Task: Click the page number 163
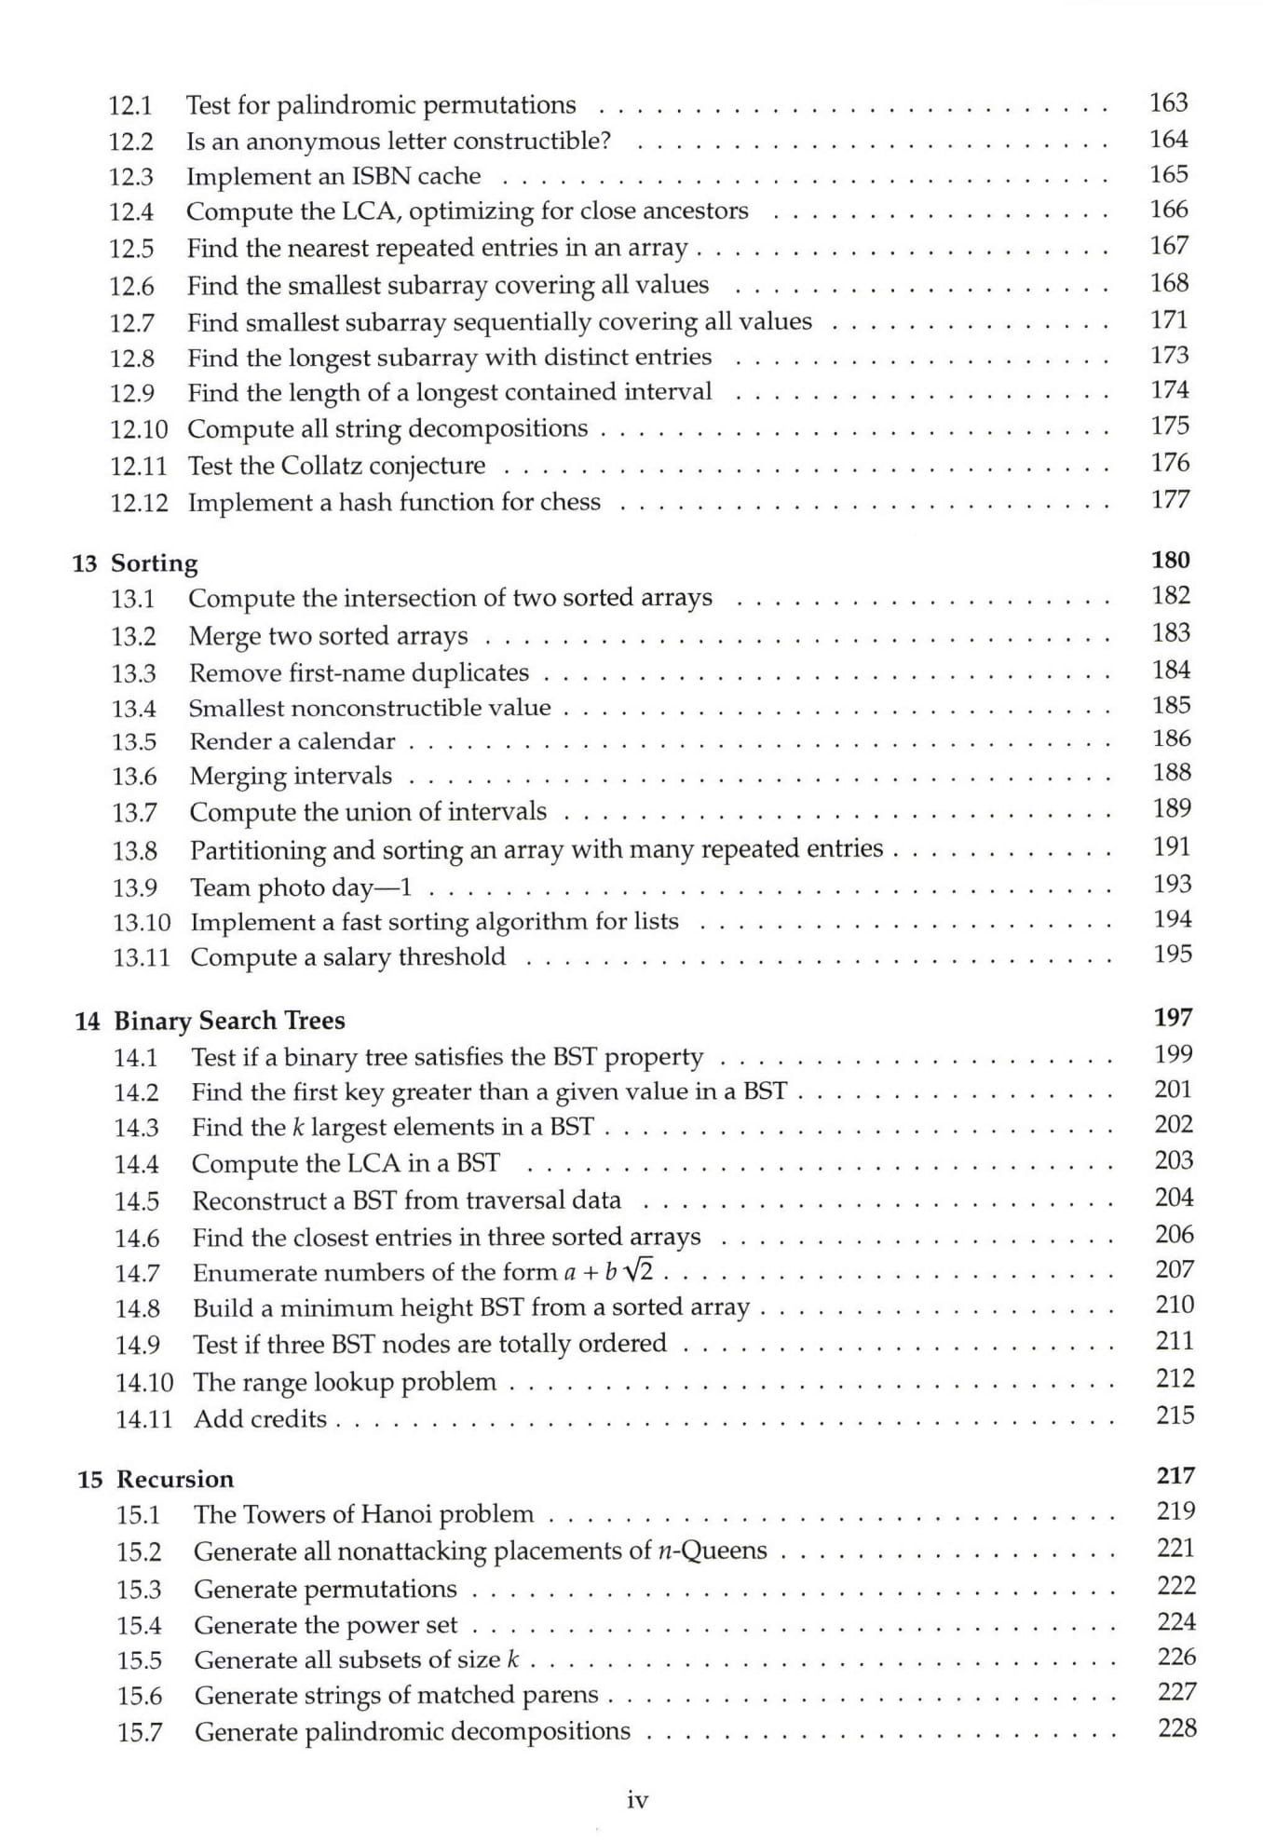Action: click(x=1168, y=102)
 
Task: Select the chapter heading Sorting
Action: click(x=154, y=563)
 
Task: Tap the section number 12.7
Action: click(x=131, y=323)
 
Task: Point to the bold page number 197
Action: click(x=1173, y=1018)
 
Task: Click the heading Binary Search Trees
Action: click(x=229, y=1021)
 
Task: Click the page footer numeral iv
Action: click(x=637, y=1801)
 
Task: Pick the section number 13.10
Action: click(x=142, y=923)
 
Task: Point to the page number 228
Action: click(x=1176, y=1728)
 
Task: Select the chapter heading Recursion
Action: click(x=175, y=1480)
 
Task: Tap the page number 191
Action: click(x=1172, y=847)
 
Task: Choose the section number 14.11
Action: click(x=143, y=1419)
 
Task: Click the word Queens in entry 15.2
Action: click(x=725, y=1551)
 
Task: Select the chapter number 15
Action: click(x=89, y=1480)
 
